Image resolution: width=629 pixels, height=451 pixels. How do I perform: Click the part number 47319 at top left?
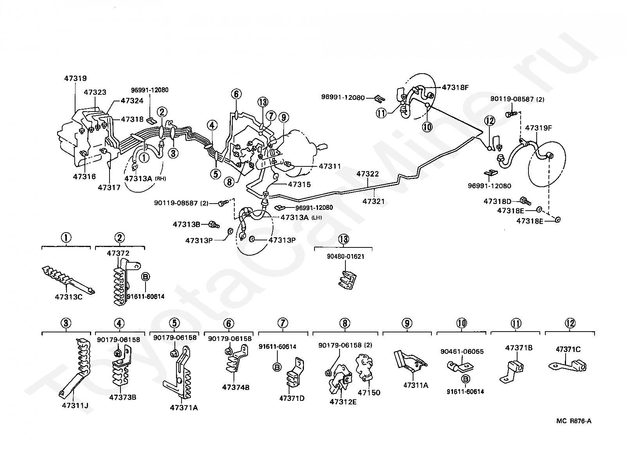click(x=75, y=78)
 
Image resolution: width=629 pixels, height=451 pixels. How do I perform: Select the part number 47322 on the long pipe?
click(x=368, y=173)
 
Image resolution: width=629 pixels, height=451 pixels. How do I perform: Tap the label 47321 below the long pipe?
click(x=374, y=202)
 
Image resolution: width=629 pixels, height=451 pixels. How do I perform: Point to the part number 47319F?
click(x=538, y=128)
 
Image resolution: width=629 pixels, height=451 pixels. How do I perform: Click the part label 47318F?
click(x=455, y=87)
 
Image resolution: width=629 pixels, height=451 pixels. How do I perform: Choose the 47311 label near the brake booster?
click(x=330, y=166)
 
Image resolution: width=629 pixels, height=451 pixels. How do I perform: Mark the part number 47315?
click(x=299, y=184)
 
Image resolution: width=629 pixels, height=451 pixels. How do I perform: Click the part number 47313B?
click(x=187, y=224)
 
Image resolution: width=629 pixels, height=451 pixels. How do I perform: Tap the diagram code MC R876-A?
click(x=574, y=421)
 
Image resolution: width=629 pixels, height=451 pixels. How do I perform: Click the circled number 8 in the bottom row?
click(x=345, y=323)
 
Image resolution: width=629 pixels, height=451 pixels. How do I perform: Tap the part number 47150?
click(x=369, y=393)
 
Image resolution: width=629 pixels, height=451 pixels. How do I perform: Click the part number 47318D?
click(x=497, y=201)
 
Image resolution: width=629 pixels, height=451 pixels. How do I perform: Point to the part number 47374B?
click(x=235, y=388)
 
